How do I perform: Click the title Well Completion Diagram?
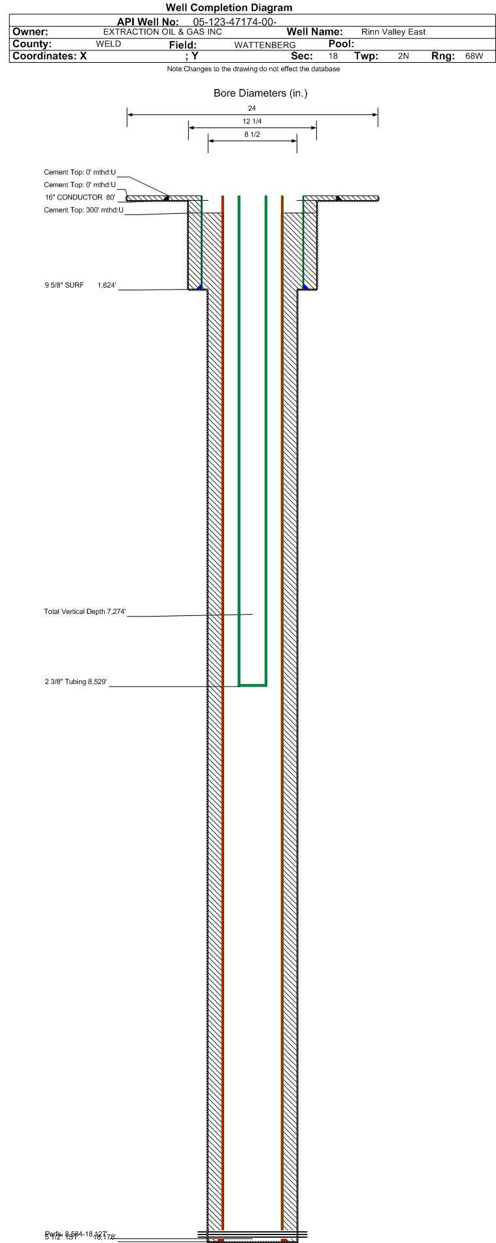229,8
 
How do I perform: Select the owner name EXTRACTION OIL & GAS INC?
163,32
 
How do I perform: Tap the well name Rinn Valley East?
393,32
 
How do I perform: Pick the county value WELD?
108,44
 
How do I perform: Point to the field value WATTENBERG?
265,45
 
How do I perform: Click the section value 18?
333,56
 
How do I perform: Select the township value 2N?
403,56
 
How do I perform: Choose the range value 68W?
474,56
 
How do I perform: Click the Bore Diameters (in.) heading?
260,94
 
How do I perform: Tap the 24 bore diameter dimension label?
252,109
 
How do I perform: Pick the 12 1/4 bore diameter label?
252,122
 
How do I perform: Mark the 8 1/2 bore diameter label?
252,135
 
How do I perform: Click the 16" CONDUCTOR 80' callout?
80,197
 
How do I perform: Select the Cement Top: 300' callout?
83,210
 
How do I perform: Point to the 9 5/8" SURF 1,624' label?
80,285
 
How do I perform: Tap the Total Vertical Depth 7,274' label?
84,612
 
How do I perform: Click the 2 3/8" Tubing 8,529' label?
76,682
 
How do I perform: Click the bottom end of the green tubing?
252,685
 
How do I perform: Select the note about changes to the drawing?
253,69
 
